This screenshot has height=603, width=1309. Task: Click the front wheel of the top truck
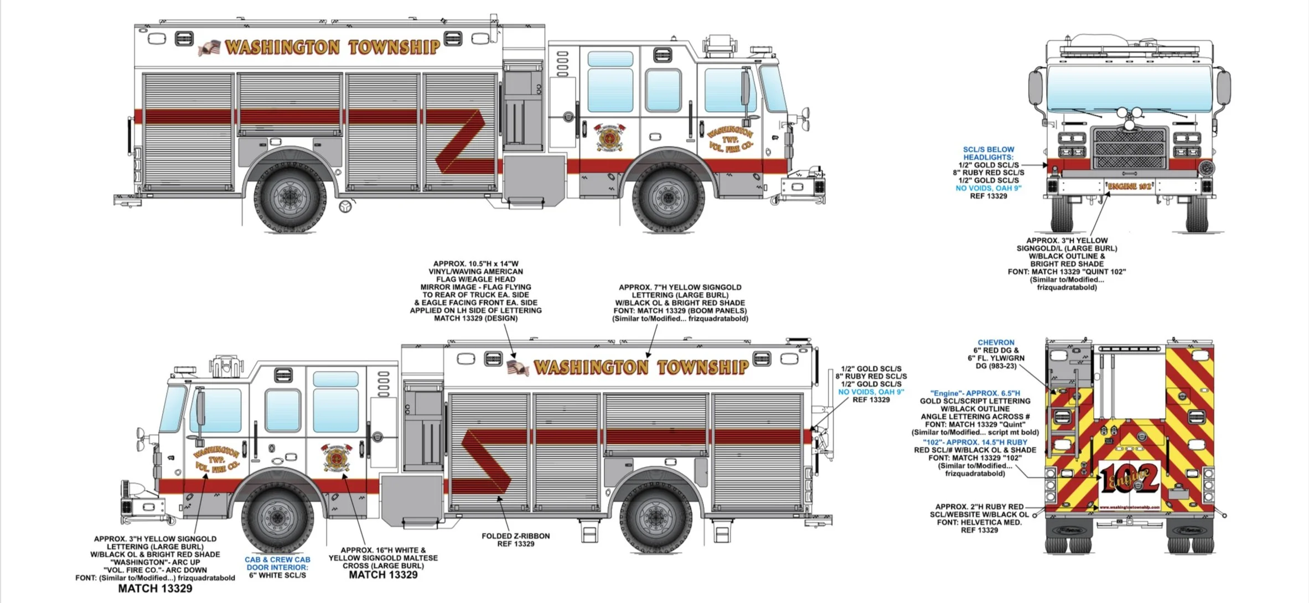[668, 196]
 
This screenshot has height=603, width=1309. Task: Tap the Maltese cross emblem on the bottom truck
[335, 457]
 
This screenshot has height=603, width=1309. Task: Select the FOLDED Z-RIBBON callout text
[515, 536]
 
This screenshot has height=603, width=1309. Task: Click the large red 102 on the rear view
[1129, 479]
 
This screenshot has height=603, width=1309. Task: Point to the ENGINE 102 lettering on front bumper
[1129, 186]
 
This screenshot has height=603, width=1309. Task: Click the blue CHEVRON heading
[996, 342]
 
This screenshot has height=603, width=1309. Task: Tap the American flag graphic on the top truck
[209, 48]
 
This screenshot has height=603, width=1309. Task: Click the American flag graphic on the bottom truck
[518, 368]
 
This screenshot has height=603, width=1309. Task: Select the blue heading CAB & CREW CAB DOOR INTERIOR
[277, 563]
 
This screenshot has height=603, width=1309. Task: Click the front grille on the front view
[1130, 148]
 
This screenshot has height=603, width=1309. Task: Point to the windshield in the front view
[1129, 89]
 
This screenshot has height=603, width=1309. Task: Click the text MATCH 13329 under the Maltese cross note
[383, 575]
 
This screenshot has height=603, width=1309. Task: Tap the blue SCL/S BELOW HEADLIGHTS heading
[988, 153]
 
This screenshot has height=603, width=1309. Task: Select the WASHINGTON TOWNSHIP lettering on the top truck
[332, 47]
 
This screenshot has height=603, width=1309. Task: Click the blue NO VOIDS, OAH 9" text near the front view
[988, 188]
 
